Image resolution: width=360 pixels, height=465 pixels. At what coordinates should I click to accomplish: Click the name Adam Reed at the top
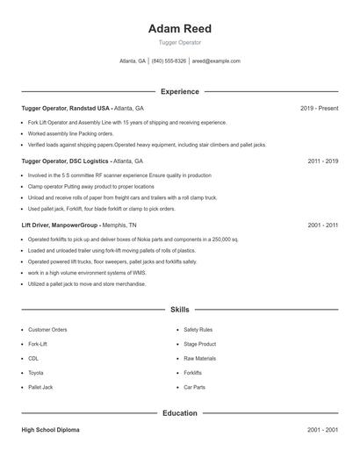coord(179,29)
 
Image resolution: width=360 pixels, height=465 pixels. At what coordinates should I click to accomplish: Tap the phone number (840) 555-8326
coord(169,61)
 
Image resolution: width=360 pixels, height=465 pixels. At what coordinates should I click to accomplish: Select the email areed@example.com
coord(216,61)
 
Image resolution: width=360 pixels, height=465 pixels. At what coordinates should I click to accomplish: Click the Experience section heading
coord(179,91)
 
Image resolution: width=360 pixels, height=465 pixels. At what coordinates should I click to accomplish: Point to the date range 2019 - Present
coord(319,108)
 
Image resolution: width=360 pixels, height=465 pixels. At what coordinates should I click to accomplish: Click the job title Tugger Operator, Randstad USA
coord(66,108)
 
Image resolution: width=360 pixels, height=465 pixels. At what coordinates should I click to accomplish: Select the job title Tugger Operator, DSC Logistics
coord(66,161)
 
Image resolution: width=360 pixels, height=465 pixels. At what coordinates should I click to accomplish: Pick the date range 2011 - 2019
coord(322,161)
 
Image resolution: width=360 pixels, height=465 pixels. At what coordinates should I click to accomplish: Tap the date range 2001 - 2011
coord(322,225)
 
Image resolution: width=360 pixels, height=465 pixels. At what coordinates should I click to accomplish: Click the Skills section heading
coord(179,310)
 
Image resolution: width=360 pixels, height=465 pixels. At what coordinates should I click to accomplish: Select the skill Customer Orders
coord(47,330)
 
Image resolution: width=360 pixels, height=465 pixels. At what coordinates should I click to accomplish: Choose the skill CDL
coord(33,358)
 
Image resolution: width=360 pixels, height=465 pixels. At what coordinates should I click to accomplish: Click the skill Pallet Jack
coord(40,387)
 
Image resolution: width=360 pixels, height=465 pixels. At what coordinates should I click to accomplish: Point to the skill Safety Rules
coord(198,330)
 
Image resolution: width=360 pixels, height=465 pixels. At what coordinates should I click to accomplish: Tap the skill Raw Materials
coord(200,358)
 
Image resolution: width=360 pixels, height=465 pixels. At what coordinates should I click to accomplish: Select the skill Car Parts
coord(195,387)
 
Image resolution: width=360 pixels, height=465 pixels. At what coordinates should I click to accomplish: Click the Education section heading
coord(179,412)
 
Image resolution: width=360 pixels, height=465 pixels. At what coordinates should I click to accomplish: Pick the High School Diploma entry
coord(51,430)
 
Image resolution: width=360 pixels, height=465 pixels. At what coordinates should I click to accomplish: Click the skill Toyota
coord(36,373)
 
